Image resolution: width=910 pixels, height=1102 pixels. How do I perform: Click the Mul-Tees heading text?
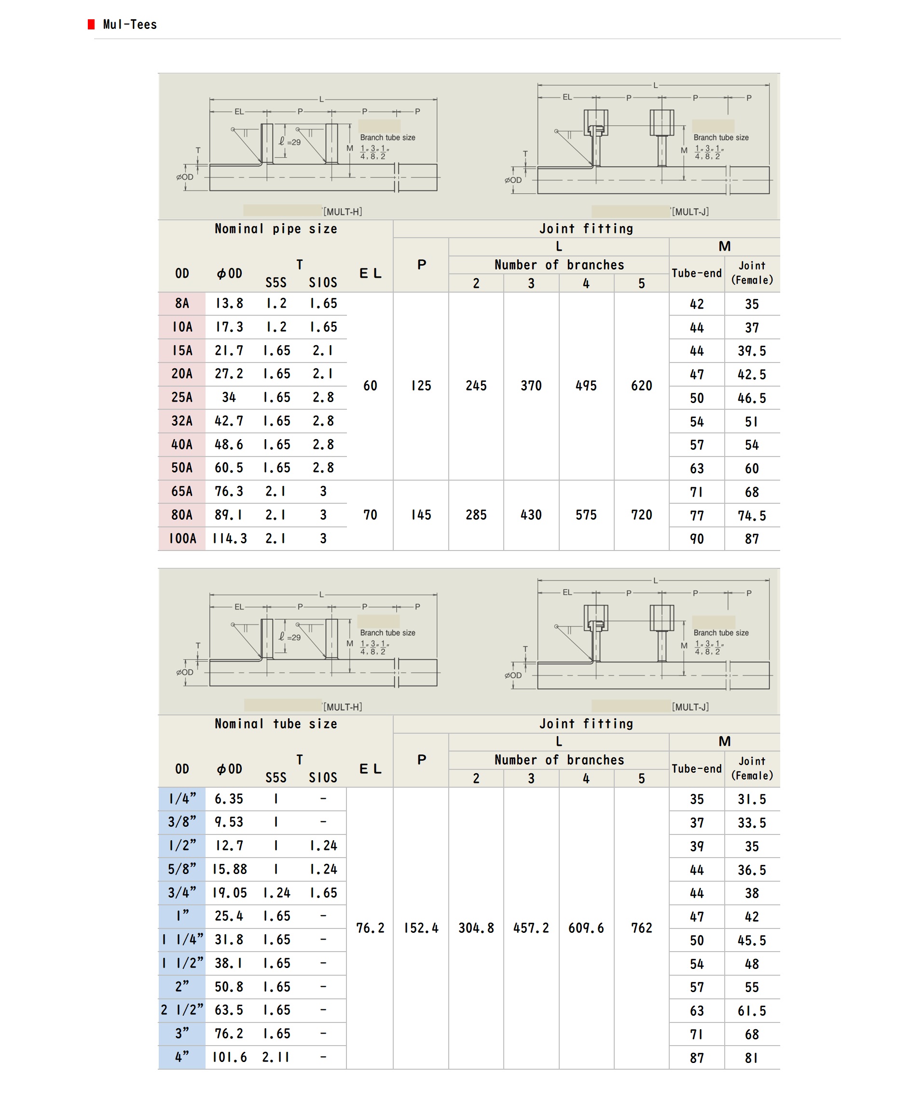[x=130, y=25]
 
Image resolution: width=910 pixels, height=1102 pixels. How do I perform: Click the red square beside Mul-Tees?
[x=91, y=24]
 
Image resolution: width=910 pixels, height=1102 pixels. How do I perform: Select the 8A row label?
[x=182, y=303]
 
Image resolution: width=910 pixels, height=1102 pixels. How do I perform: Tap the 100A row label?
[x=182, y=538]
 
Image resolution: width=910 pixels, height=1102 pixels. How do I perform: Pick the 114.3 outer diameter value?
[x=229, y=538]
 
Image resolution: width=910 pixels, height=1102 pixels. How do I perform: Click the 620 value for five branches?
[x=641, y=386]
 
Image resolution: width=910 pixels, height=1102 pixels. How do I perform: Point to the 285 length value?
[x=476, y=515]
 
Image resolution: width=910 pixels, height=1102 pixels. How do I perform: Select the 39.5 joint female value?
[x=752, y=351]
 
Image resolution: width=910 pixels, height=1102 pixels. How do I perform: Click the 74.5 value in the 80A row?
[x=752, y=516]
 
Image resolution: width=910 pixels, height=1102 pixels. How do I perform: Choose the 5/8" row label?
[x=182, y=870]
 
